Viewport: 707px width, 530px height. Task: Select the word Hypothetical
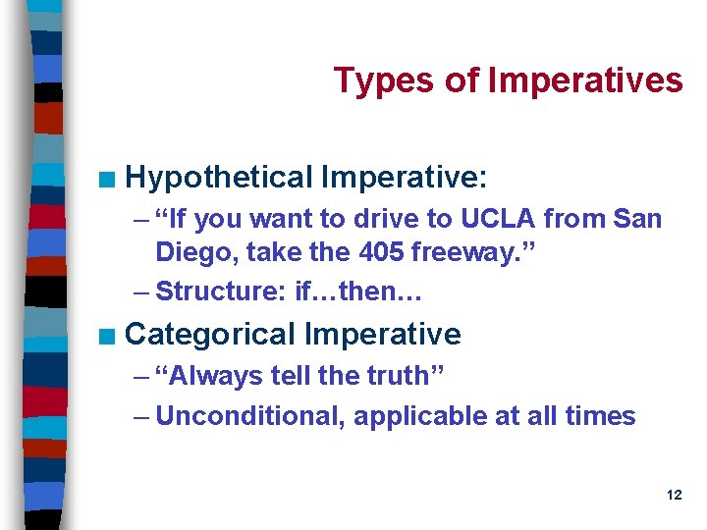tap(218, 178)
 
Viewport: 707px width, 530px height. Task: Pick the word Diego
tap(196, 252)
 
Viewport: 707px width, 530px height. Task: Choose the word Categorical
tap(210, 335)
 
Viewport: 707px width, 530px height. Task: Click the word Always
tap(213, 376)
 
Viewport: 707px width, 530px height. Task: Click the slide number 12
tap(674, 496)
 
